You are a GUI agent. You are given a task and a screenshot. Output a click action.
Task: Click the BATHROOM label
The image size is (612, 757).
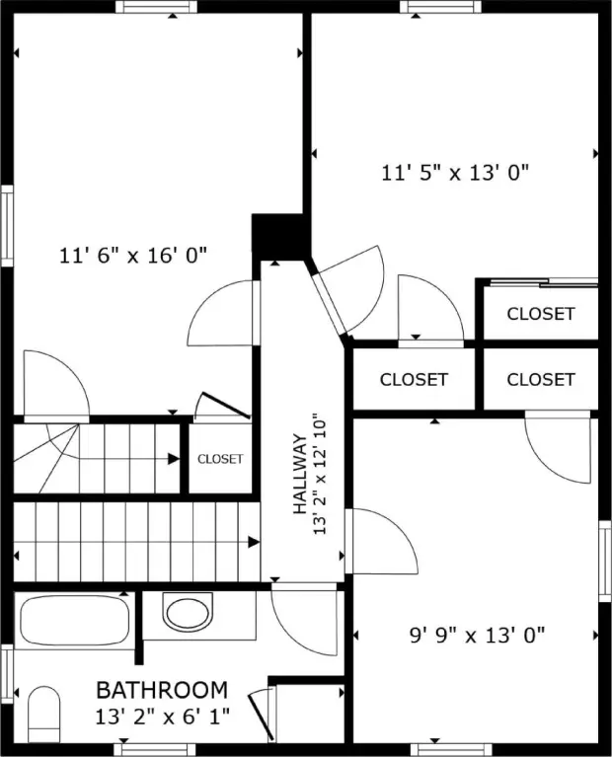point(162,690)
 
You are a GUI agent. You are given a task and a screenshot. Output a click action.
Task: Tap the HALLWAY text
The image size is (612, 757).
point(300,474)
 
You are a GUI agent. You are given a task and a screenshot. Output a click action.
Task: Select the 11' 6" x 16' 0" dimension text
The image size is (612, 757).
point(133,255)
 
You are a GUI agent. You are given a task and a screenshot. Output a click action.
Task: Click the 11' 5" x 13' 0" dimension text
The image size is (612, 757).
point(455,173)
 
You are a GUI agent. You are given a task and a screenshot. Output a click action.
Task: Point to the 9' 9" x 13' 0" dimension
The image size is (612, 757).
point(477,635)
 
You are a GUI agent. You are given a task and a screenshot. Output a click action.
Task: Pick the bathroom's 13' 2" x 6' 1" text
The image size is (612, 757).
point(162,717)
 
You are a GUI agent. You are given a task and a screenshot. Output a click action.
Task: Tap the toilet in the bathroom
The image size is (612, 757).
point(44,714)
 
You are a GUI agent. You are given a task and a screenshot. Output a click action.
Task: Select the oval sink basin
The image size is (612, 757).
point(189,612)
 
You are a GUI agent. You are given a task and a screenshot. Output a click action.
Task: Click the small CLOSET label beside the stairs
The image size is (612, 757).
point(220,459)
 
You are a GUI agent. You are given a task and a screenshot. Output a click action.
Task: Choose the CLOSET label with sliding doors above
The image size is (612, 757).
point(541,314)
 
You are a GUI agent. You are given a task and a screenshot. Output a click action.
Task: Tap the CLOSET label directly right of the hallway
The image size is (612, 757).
point(414,379)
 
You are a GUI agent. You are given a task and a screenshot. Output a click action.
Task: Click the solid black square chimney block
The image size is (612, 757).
point(278,238)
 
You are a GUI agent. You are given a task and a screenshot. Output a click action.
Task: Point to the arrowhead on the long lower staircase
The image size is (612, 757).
point(254,542)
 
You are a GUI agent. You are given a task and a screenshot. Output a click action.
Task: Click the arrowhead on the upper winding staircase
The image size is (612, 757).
point(174,459)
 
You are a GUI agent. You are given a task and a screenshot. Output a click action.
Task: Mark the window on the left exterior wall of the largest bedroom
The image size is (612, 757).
point(7,225)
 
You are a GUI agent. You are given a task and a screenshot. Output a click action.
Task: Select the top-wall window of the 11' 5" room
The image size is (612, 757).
point(440,6)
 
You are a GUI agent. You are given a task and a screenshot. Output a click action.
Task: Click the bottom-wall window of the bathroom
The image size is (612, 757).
point(155,750)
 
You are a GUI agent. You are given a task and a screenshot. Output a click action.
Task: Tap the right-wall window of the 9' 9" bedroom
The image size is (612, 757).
point(605,561)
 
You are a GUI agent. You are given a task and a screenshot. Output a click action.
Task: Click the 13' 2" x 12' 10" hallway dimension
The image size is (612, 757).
point(320,474)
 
